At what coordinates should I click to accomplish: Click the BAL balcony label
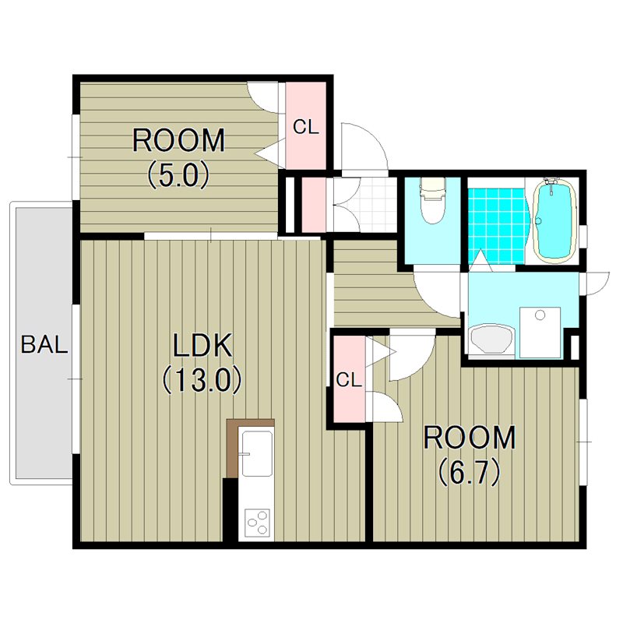point(44,344)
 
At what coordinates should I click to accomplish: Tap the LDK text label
point(202,346)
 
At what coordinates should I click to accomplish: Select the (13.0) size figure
point(202,380)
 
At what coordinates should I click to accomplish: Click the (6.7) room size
point(470,472)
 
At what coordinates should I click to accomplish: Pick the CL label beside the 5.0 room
point(306,127)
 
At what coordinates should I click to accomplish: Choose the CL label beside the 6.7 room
point(349,380)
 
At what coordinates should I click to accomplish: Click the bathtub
point(555,220)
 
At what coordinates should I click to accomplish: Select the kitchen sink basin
point(257,454)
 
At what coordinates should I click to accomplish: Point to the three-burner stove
point(257,523)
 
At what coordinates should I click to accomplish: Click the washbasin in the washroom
point(492,340)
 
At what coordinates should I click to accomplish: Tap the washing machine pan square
point(540,333)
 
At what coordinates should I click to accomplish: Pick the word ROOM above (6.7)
point(470,438)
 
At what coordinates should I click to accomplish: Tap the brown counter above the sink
point(250,423)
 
